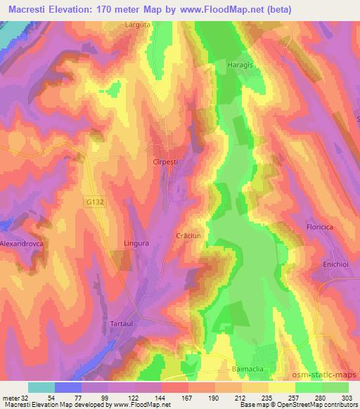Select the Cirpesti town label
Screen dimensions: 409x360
169,162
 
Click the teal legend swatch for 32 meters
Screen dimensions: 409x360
41,387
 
